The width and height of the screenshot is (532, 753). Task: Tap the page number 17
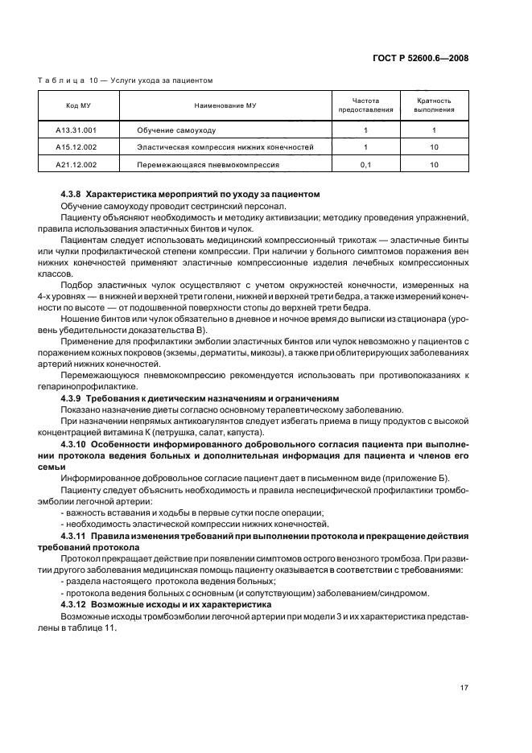coord(464,687)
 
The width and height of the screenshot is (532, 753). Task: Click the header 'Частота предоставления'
coord(365,105)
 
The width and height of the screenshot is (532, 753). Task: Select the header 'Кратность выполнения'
coord(433,105)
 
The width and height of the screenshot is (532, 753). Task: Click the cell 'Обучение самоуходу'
coord(176,130)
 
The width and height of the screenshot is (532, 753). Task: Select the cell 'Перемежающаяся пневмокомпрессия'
coord(208,165)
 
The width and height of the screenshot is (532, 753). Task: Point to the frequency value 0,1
coord(365,165)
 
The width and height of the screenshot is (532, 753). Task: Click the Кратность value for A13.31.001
coord(433,130)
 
